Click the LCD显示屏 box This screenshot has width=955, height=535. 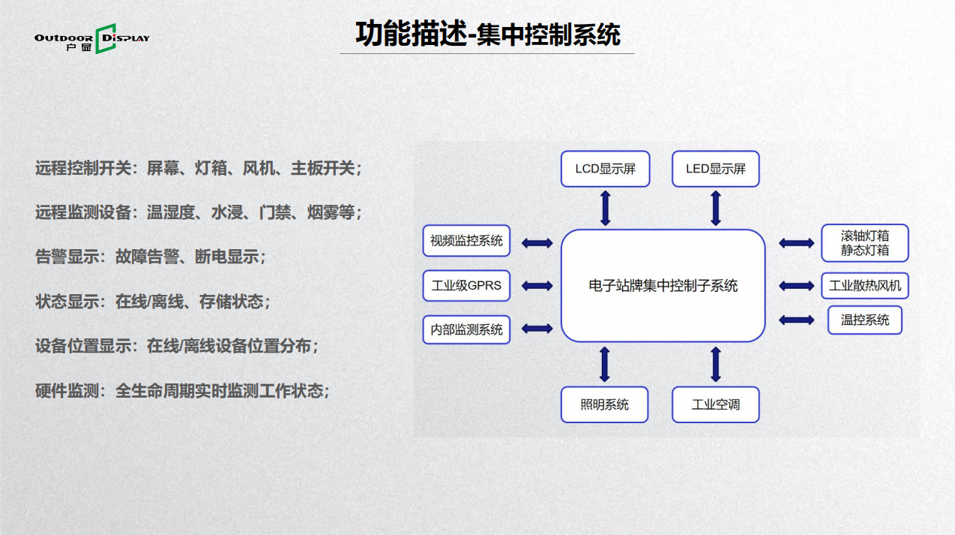click(x=605, y=169)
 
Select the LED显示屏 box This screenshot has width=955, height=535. click(x=716, y=169)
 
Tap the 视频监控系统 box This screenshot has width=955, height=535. click(x=466, y=242)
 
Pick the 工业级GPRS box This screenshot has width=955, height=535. click(x=466, y=286)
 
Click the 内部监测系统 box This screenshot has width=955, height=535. click(x=466, y=329)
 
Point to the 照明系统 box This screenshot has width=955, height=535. click(x=604, y=404)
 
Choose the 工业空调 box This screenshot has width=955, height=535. click(x=716, y=404)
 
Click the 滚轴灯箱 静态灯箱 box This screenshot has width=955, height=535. click(x=864, y=242)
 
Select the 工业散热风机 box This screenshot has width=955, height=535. click(x=864, y=286)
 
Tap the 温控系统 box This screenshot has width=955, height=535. click(x=864, y=320)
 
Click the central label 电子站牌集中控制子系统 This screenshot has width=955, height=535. click(x=663, y=286)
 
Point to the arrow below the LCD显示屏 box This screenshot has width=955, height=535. click(x=606, y=208)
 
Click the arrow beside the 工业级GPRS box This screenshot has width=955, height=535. click(x=537, y=286)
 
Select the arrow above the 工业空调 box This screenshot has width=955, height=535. click(x=716, y=364)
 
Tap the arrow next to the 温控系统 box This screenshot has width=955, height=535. click(x=796, y=320)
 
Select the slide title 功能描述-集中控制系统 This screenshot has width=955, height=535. click(x=487, y=35)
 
